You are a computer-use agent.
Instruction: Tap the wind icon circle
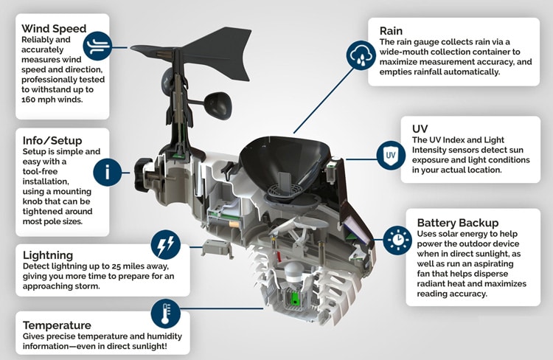click(x=97, y=44)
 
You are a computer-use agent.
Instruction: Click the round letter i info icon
click(x=108, y=173)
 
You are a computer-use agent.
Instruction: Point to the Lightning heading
click(x=48, y=254)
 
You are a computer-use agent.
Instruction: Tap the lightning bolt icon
click(x=165, y=244)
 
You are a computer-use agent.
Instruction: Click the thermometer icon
click(x=165, y=314)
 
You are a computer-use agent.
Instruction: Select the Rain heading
click(x=391, y=31)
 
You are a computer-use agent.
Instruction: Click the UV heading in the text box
click(x=420, y=128)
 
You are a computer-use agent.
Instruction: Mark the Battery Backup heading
click(x=458, y=222)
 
